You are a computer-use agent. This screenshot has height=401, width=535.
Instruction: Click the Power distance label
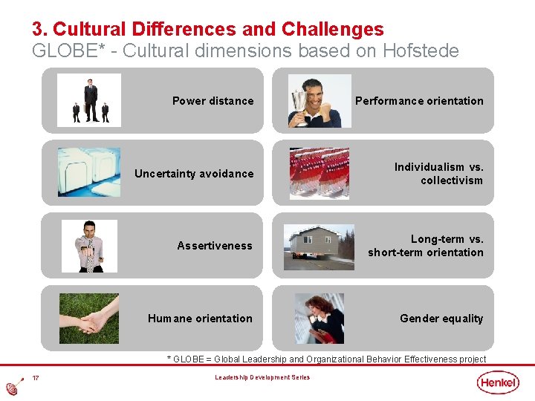213,101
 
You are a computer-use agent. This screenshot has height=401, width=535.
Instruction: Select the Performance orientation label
419,101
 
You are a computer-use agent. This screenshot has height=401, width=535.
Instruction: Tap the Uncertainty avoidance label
194,174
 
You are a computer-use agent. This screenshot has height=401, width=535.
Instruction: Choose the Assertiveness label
215,246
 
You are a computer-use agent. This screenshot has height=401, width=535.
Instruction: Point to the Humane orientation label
200,319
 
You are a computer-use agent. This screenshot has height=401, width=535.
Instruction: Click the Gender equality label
441,319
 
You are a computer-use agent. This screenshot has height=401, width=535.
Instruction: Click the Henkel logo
499,382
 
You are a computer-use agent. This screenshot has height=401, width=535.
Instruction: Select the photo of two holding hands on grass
88,319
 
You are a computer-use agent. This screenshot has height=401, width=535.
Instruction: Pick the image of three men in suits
90,101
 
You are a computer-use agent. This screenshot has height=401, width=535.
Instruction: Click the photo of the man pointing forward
90,246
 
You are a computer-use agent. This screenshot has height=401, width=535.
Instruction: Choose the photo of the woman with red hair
320,319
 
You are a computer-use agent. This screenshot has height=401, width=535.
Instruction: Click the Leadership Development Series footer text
263,378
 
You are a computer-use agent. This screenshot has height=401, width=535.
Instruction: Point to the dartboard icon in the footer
13,387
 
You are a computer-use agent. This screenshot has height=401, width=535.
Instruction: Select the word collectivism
451,180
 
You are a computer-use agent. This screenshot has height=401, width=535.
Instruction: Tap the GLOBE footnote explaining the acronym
327,359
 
